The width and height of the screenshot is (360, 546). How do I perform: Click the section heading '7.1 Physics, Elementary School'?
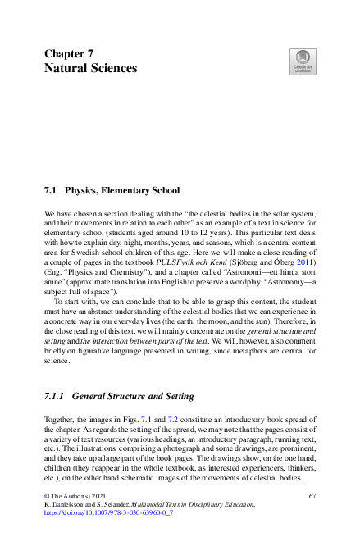click(x=111, y=190)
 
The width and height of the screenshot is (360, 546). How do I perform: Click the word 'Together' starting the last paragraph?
click(x=60, y=419)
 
